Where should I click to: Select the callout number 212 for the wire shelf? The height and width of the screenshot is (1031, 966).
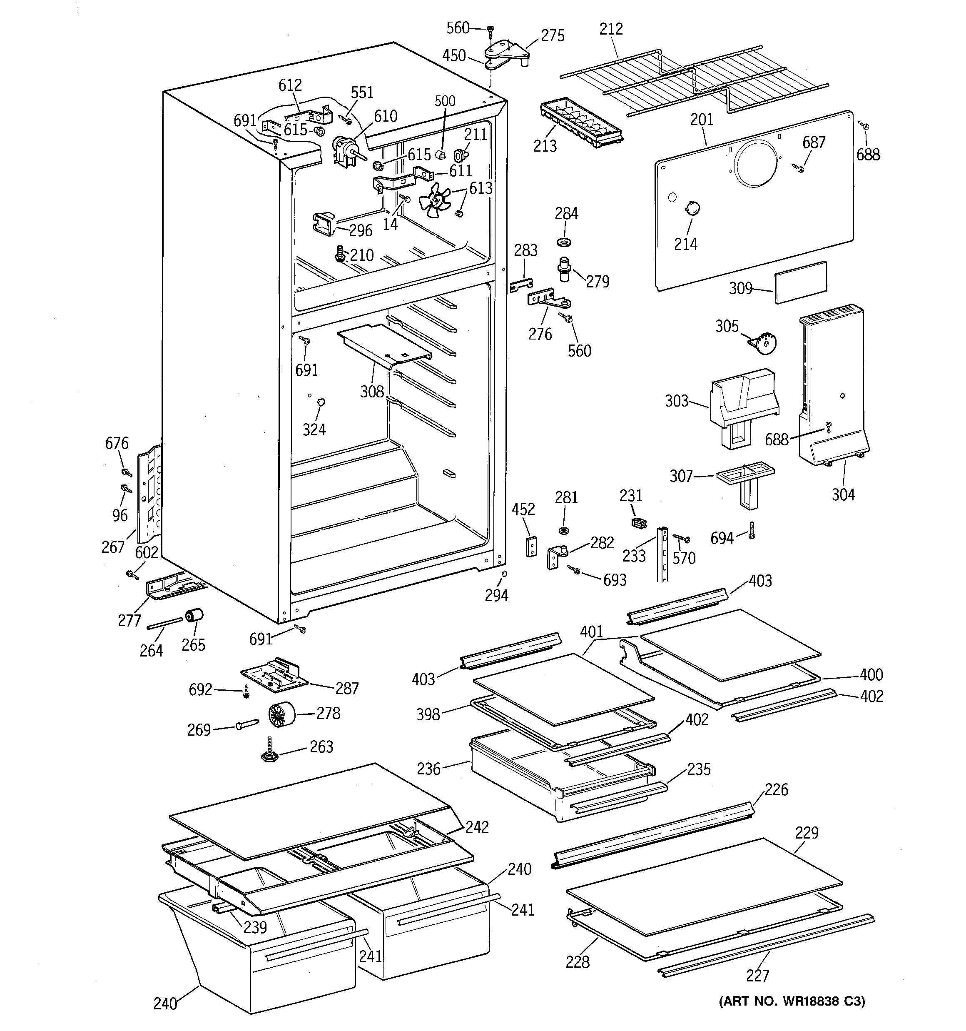click(611, 28)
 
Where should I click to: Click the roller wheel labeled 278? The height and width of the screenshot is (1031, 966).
click(282, 715)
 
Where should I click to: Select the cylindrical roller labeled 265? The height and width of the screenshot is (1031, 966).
click(194, 616)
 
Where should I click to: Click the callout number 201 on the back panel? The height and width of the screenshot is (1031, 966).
click(702, 119)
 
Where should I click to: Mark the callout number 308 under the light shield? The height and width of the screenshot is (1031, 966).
click(372, 392)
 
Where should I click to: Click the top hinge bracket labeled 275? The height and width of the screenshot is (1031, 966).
click(505, 52)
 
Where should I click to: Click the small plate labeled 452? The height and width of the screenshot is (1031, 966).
click(531, 546)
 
